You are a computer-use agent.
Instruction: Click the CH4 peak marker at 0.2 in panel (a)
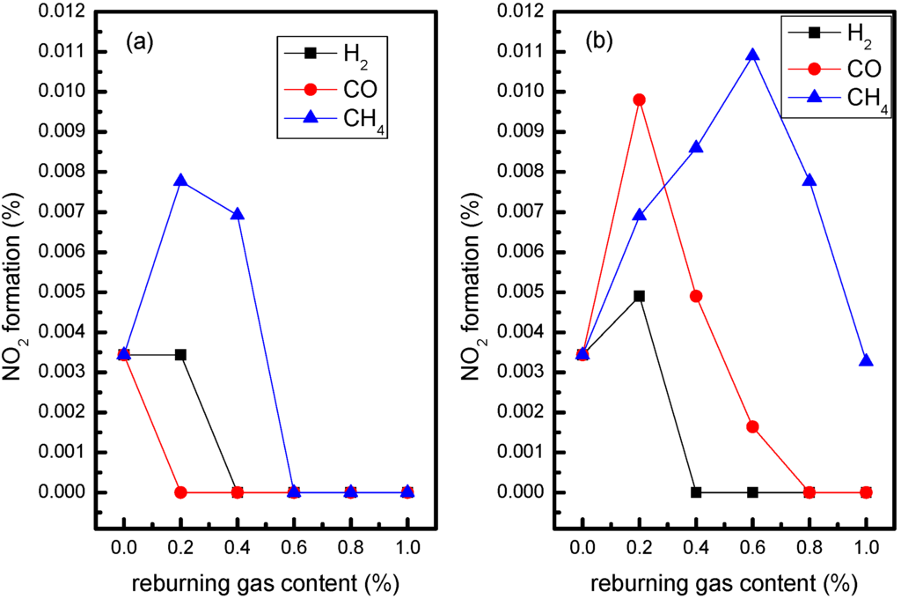tap(180, 181)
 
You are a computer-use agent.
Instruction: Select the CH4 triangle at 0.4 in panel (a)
tap(237, 214)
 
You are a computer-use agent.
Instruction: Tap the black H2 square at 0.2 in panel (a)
tap(180, 355)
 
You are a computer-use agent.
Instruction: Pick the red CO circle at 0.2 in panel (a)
tap(180, 492)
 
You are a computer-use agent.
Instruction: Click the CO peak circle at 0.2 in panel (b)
tap(640, 100)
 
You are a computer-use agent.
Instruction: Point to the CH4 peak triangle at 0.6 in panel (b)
tap(752, 55)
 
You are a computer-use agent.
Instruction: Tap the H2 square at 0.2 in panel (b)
tap(640, 296)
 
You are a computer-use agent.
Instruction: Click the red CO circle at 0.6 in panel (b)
tap(752, 427)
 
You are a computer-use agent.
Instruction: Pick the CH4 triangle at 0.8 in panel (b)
tap(809, 181)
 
